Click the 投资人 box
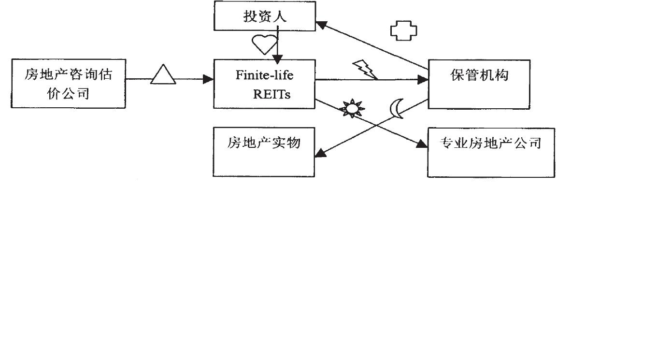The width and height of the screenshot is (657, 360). coord(265,16)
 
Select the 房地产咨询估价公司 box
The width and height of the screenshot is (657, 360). coord(68,84)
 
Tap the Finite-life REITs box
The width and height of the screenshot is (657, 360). coord(264,84)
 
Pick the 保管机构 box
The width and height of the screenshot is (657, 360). coord(479,84)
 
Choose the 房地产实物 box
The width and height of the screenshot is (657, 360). coord(264,152)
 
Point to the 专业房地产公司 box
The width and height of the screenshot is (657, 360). coord(491,152)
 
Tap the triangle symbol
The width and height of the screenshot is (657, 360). coord(163,75)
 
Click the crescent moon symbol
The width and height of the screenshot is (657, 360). coord(397,108)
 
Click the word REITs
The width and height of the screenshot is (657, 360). coord(272,94)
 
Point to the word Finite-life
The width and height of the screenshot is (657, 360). coord(264,75)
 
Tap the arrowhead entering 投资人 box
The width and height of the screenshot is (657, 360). coord(321,23)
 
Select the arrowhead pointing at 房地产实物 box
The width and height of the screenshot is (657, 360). coord(320,154)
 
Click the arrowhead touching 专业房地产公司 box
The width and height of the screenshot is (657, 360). coord(422,144)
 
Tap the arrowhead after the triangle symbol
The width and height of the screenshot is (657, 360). coord(209,78)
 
